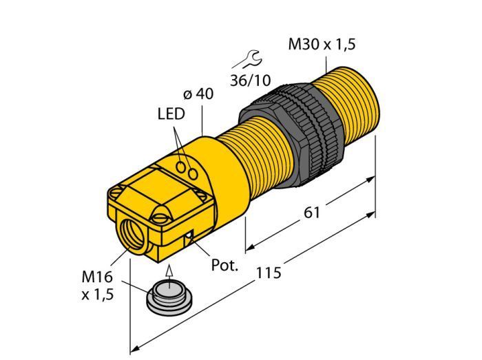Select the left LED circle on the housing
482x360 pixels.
click(x=182, y=166)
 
